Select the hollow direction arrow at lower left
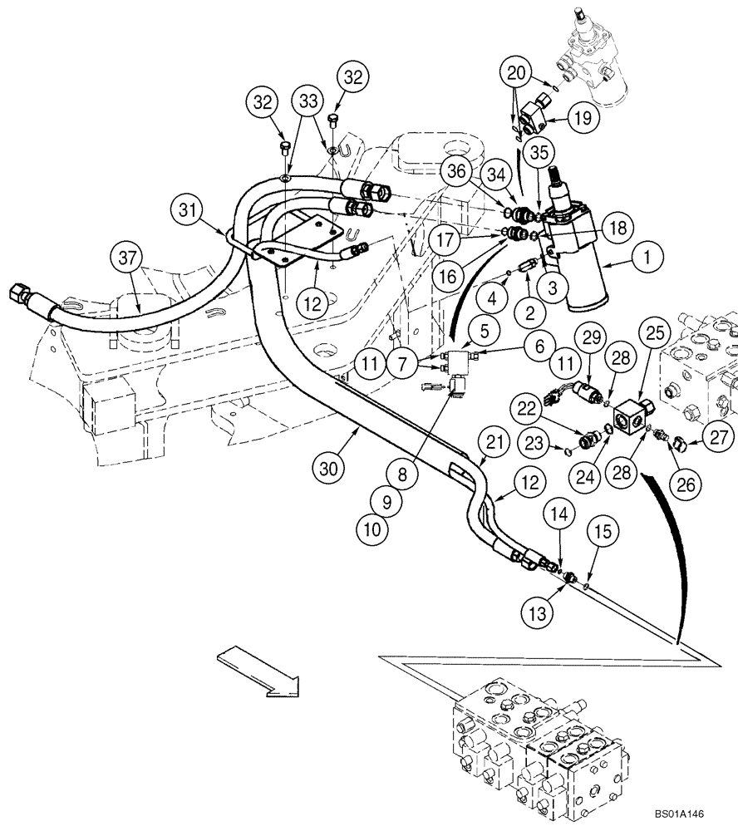tap(258, 671)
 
